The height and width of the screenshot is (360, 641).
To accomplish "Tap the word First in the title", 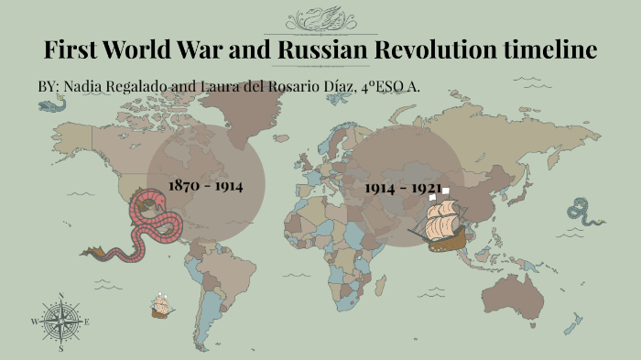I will [x=72, y=49].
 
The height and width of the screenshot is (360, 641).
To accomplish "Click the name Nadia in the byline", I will [x=81, y=86].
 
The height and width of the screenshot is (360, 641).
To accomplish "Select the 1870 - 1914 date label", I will [x=205, y=186].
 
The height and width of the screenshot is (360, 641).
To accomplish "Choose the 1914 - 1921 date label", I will [x=403, y=188].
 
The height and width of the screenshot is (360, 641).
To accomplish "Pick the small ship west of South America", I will [x=163, y=307].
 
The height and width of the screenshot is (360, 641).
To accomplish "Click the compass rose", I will [x=60, y=322].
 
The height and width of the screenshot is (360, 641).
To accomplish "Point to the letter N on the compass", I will [x=60, y=296].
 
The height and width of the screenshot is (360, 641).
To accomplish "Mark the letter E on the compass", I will [x=87, y=322].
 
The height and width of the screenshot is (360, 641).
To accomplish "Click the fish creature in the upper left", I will [x=51, y=105].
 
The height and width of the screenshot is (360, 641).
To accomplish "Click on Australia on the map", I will [x=518, y=292].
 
